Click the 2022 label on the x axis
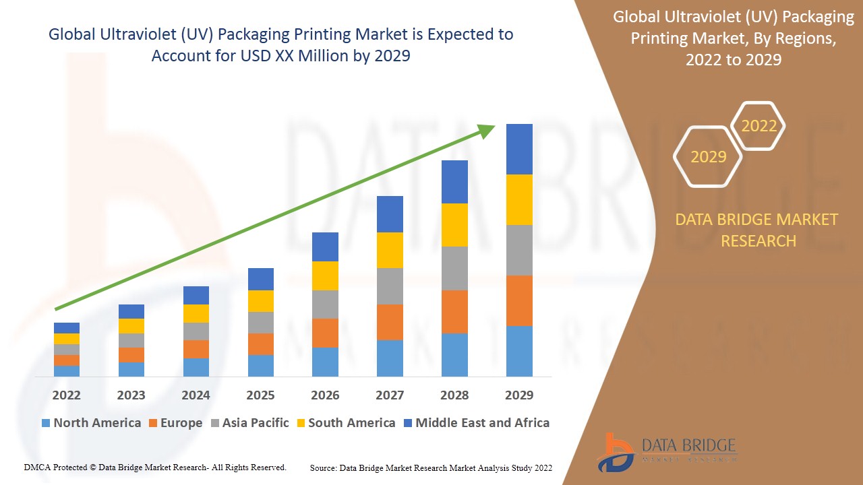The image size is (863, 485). pyautogui.click(x=66, y=395)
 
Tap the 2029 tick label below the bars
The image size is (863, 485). pyautogui.click(x=519, y=395)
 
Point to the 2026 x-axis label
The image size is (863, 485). pyautogui.click(x=325, y=395)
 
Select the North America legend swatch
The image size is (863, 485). pyautogui.click(x=46, y=423)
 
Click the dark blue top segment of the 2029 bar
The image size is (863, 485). pyautogui.click(x=519, y=149)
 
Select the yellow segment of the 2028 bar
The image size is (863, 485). pyautogui.click(x=454, y=224)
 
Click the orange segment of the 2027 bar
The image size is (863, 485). pyautogui.click(x=390, y=322)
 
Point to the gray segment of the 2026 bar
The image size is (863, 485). pyautogui.click(x=325, y=304)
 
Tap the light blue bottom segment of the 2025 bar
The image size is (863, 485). pyautogui.click(x=261, y=365)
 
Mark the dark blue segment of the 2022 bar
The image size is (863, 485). pyautogui.click(x=67, y=328)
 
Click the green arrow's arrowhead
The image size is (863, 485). pyautogui.click(x=487, y=131)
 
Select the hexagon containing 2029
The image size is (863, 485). pyautogui.click(x=708, y=156)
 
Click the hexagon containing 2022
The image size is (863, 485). pyautogui.click(x=758, y=126)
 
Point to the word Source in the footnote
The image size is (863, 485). pyautogui.click(x=324, y=467)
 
